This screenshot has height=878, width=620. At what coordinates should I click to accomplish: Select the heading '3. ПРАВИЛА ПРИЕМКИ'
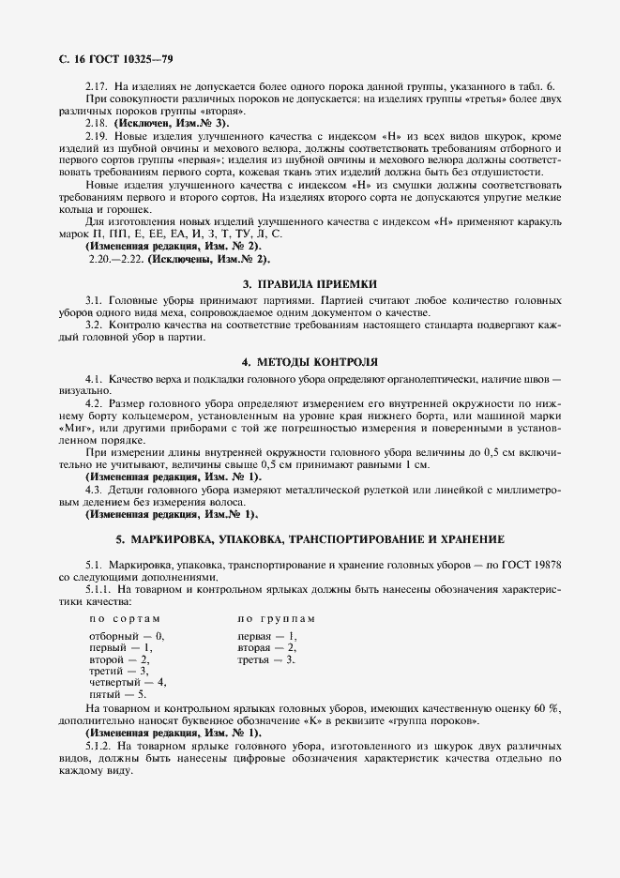pos(310,282)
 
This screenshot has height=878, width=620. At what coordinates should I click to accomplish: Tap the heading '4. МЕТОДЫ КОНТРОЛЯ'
pos(310,361)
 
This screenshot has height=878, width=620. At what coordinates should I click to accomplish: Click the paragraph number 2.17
pos(98,86)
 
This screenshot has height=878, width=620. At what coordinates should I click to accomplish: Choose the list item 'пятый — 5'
pos(117,693)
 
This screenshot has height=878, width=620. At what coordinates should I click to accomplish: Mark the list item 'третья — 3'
pos(266,659)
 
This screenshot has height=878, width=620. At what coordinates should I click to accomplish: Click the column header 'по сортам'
pos(125,619)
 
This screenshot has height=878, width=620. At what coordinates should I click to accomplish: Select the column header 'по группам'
pos(276,619)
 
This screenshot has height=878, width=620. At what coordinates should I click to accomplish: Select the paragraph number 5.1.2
pos(99,744)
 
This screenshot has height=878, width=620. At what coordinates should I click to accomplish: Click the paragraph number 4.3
pos(94,490)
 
